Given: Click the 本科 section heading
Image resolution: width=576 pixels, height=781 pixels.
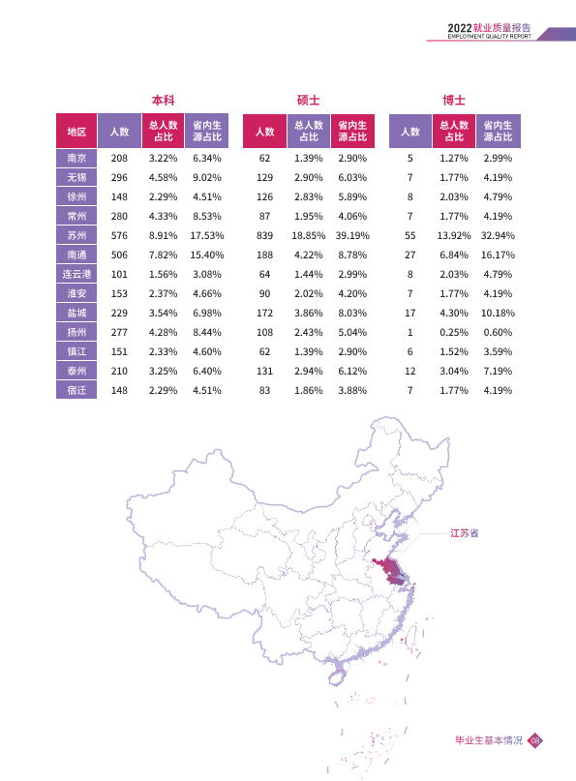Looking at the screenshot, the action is (164, 100).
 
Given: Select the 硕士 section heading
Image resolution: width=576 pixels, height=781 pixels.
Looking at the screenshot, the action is (309, 100).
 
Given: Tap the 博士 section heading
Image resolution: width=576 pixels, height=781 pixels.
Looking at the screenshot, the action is (454, 100).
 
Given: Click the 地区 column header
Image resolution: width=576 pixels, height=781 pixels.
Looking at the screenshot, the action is (76, 131).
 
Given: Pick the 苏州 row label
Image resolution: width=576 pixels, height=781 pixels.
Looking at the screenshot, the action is (76, 235).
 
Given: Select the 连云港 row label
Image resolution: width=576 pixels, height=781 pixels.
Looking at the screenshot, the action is (76, 275).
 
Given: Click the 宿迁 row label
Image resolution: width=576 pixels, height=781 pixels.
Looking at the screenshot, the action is (76, 391).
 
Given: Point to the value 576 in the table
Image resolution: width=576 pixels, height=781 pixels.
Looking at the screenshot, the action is (119, 235).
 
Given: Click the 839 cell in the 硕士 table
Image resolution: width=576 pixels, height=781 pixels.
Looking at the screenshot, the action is (264, 235).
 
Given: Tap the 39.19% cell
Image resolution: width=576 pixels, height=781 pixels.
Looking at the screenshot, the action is (352, 235).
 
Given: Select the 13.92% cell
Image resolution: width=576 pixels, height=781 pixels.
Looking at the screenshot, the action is (454, 235).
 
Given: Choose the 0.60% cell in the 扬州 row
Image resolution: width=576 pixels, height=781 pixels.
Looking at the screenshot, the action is (498, 332).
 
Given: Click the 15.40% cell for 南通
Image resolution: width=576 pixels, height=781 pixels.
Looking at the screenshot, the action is (207, 255).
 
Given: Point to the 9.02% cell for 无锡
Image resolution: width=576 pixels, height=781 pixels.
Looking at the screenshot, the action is (207, 177).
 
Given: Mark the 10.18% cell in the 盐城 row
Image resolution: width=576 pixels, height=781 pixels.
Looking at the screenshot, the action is (498, 313).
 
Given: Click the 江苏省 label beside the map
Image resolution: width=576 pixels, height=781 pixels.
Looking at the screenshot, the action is (465, 533).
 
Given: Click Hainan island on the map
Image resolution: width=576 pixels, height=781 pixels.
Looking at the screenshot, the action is (336, 677).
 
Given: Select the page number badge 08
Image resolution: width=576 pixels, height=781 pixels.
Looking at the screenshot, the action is (535, 740).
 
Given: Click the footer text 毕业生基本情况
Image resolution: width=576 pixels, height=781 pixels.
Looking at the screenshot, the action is (489, 740).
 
